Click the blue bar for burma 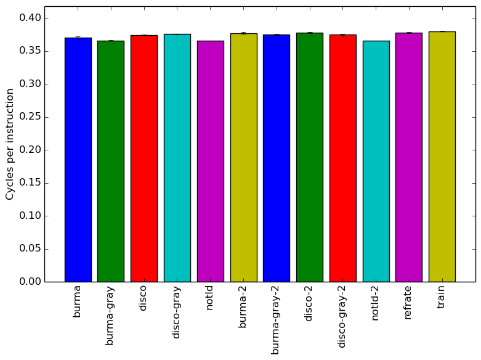point(78,160)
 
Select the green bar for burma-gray point(111,162)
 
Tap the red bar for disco point(144,158)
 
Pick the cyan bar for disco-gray point(177,158)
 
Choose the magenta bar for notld point(211,162)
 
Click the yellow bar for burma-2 point(243,158)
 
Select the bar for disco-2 point(310,157)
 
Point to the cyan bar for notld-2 point(376,162)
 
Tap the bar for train point(442,157)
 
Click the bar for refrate point(409,157)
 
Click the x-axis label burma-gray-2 point(275,320)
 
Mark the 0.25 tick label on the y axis point(30,117)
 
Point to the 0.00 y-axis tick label point(30,282)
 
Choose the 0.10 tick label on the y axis point(30,216)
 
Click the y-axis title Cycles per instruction point(10,144)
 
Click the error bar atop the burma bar point(78,38)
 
